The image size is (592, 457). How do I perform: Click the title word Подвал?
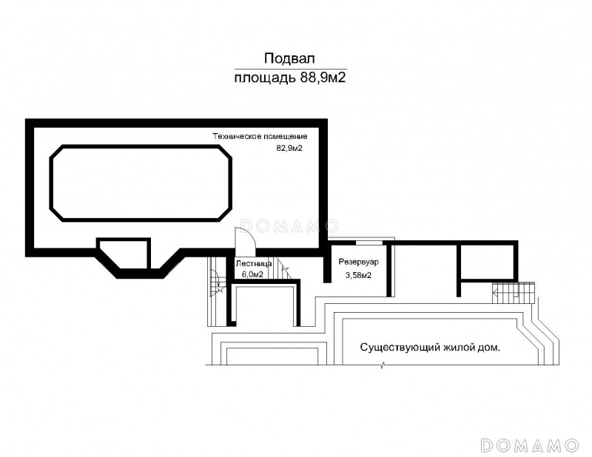(289, 59)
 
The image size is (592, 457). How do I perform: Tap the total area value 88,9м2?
(323, 78)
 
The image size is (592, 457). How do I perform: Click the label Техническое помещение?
(260, 137)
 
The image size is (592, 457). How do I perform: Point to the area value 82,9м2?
(289, 149)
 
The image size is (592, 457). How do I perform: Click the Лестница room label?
(253, 264)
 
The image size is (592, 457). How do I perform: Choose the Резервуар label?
(358, 262)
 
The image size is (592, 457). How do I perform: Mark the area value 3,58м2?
(358, 275)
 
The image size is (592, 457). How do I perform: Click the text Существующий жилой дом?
(430, 347)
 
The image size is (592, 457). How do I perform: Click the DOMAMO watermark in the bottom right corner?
(529, 445)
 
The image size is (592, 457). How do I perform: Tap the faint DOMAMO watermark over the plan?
(289, 226)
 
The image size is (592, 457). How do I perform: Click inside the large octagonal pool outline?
(141, 183)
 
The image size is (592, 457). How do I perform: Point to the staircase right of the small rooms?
(514, 292)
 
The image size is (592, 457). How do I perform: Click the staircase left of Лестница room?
(216, 291)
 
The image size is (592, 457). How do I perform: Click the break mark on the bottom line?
(383, 365)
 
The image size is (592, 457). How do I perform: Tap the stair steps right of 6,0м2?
(283, 268)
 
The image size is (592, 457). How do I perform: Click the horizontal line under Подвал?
(291, 69)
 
